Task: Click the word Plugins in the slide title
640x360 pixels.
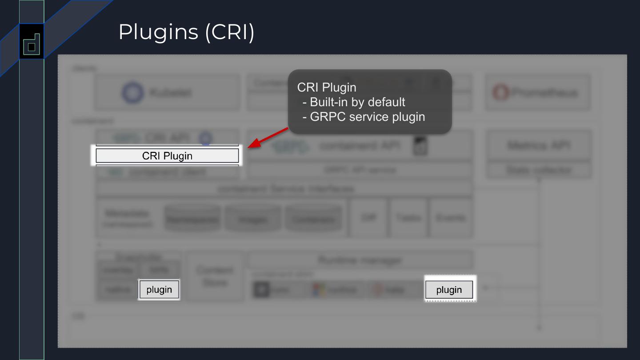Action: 158,32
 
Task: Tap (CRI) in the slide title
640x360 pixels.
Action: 229,32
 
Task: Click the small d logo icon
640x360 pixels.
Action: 32,44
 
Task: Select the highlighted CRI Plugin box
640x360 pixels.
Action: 167,156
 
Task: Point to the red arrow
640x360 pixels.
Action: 268,137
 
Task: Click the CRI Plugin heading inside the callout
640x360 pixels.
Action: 326,88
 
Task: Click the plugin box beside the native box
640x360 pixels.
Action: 159,290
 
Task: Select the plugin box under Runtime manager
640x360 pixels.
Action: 449,290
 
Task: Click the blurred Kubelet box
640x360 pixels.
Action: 161,92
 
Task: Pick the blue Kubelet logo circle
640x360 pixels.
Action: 132,92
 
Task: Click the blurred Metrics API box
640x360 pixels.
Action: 539,145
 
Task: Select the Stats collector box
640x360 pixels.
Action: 539,170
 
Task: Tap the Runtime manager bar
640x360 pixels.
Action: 360,260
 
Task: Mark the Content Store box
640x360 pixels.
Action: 215,276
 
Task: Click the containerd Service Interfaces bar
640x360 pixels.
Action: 284,189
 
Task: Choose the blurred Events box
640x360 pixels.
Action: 451,218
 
